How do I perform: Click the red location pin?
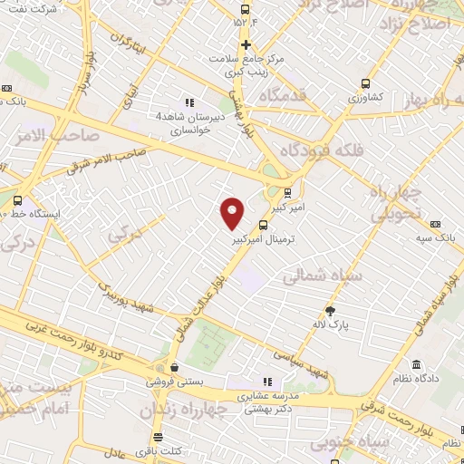233,213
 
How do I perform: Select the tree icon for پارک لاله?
331,310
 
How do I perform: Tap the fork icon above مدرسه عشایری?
266,382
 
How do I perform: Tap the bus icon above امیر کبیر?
288,192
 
